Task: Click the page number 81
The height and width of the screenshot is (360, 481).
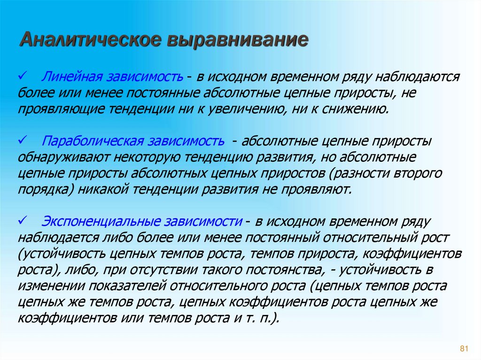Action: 465,348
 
